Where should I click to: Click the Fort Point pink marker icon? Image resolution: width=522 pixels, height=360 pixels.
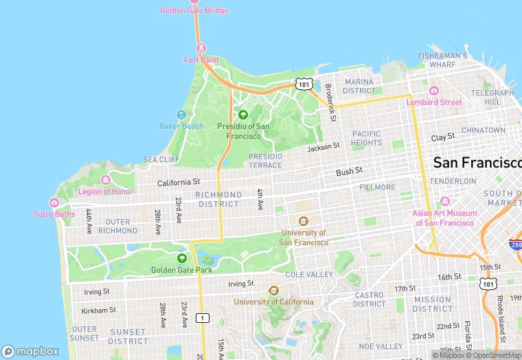[201, 48]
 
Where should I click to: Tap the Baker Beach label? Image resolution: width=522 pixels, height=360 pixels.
[181, 126]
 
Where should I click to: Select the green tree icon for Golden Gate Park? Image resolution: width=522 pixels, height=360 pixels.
[182, 258]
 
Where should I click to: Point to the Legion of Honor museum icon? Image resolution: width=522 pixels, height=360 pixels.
[105, 180]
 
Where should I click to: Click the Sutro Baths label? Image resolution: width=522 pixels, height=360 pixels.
[54, 214]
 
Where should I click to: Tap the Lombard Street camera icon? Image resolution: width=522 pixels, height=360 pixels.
[433, 91]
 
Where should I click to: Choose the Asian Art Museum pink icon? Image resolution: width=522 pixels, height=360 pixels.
[444, 201]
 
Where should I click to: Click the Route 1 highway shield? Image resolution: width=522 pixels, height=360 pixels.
[202, 317]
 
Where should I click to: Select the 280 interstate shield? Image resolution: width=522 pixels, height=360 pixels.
[514, 245]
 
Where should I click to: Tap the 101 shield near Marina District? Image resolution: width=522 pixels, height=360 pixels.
[303, 84]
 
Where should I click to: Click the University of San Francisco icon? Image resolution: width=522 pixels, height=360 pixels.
[303, 221]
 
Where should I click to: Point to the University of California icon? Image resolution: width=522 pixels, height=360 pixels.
[273, 291]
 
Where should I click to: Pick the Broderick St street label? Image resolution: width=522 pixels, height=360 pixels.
[330, 98]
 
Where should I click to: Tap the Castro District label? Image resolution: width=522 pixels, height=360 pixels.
[369, 300]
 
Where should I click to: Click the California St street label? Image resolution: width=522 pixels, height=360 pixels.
[178, 183]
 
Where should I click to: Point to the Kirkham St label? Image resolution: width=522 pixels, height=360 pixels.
[99, 311]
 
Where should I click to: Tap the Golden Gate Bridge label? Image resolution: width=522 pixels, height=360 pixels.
[194, 10]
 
